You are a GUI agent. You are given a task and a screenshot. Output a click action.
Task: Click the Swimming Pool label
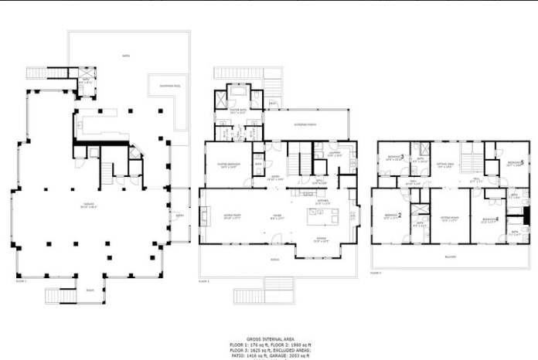coord(171,86)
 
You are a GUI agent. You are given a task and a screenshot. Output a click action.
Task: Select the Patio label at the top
coord(126,56)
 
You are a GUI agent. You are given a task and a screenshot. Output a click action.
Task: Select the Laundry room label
coord(335,153)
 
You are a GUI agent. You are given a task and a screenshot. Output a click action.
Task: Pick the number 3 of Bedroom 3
coord(402,157)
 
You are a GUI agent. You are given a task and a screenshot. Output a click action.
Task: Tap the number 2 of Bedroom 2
coord(399,215)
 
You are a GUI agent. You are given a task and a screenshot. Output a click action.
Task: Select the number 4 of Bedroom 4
coord(497,220)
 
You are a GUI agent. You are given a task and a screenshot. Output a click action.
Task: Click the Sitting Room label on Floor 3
coord(450,219)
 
